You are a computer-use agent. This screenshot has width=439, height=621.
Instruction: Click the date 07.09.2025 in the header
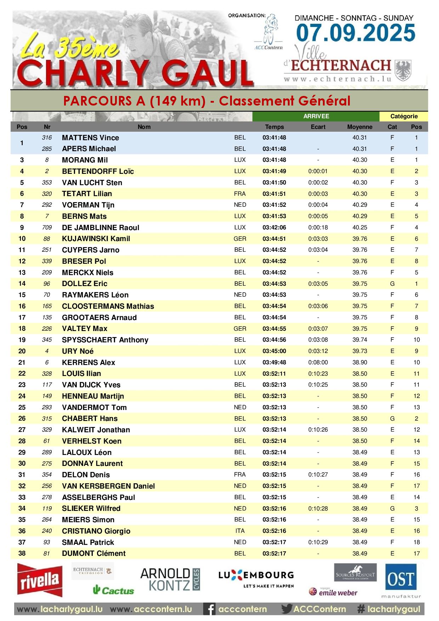[355, 33]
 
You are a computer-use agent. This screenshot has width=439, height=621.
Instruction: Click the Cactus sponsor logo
[113, 590]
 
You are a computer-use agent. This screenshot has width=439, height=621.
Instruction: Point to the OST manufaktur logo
[401, 581]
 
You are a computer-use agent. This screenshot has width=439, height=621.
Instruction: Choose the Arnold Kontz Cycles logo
[170, 580]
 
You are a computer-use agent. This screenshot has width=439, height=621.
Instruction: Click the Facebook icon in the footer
[210, 609]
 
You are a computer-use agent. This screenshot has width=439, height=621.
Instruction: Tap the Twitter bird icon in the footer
[286, 609]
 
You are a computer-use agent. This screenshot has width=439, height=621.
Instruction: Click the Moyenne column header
[359, 127]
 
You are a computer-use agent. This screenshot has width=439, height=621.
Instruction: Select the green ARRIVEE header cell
[316, 116]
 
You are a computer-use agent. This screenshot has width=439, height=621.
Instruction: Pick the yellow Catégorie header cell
[404, 116]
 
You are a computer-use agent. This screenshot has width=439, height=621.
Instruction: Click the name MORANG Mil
[85, 160]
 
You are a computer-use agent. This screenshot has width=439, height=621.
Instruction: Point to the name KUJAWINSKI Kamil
[96, 239]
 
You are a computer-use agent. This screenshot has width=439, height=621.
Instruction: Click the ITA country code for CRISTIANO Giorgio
[240, 531]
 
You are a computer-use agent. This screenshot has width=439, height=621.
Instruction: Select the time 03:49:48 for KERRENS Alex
[274, 362]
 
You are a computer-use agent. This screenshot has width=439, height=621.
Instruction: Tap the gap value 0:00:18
[318, 227]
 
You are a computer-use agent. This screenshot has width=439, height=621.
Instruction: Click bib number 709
[47, 227]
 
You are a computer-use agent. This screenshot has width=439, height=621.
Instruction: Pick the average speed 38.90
[359, 362]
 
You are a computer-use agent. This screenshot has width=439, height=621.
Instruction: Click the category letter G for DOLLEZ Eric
[392, 284]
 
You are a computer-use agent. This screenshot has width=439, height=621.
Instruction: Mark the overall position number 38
[22, 553]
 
